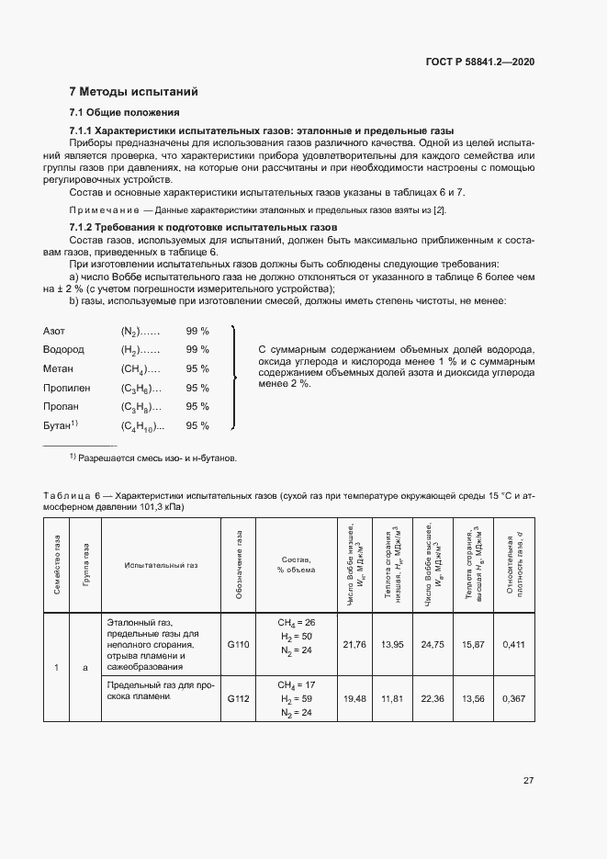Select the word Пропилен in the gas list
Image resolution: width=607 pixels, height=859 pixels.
pyautogui.click(x=64, y=388)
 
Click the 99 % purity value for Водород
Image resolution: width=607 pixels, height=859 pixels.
pyautogui.click(x=197, y=349)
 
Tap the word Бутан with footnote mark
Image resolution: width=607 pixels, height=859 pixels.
pyautogui.click(x=61, y=425)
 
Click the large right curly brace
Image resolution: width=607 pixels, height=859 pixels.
pyautogui.click(x=236, y=378)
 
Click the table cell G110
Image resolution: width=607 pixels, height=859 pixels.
pyautogui.click(x=239, y=645)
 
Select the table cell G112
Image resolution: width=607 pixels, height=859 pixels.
pyautogui.click(x=239, y=699)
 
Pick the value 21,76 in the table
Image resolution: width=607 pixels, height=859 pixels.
pyautogui.click(x=354, y=645)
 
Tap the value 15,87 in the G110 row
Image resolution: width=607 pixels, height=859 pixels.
pyautogui.click(x=472, y=645)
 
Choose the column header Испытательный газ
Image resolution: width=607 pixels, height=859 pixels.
pyautogui.click(x=161, y=565)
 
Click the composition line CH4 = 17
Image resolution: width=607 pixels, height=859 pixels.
pyautogui.click(x=296, y=684)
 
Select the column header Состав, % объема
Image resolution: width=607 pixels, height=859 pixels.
pyautogui.click(x=295, y=565)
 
